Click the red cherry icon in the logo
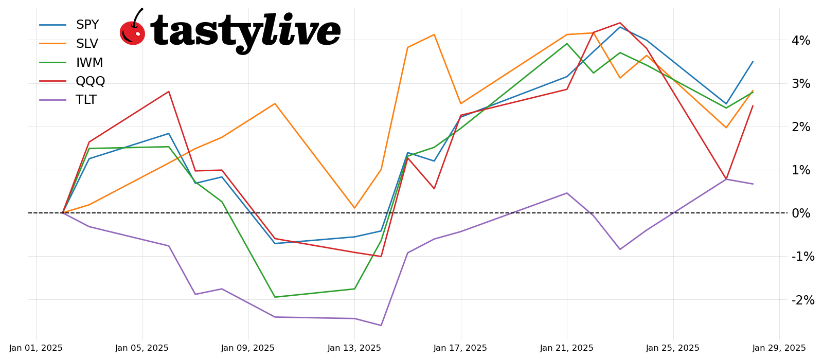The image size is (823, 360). pyautogui.click(x=132, y=32)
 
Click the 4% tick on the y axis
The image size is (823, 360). pyautogui.click(x=801, y=40)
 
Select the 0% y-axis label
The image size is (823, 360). pyautogui.click(x=801, y=213)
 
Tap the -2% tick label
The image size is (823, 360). pyautogui.click(x=803, y=300)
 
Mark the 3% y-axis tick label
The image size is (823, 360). pyautogui.click(x=801, y=83)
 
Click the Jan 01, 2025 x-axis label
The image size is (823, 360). pyautogui.click(x=36, y=348)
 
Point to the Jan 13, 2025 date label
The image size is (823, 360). pyautogui.click(x=354, y=348)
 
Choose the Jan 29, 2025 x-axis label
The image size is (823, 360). pyautogui.click(x=779, y=348)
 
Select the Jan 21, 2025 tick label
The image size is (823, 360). pyautogui.click(x=567, y=348)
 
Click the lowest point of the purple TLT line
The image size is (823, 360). pyautogui.click(x=381, y=325)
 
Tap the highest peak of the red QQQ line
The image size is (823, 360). pyautogui.click(x=620, y=23)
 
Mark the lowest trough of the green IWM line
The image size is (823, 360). pyautogui.click(x=275, y=297)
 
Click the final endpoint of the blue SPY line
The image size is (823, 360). pyautogui.click(x=753, y=62)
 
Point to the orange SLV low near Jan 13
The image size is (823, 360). pyautogui.click(x=354, y=208)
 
